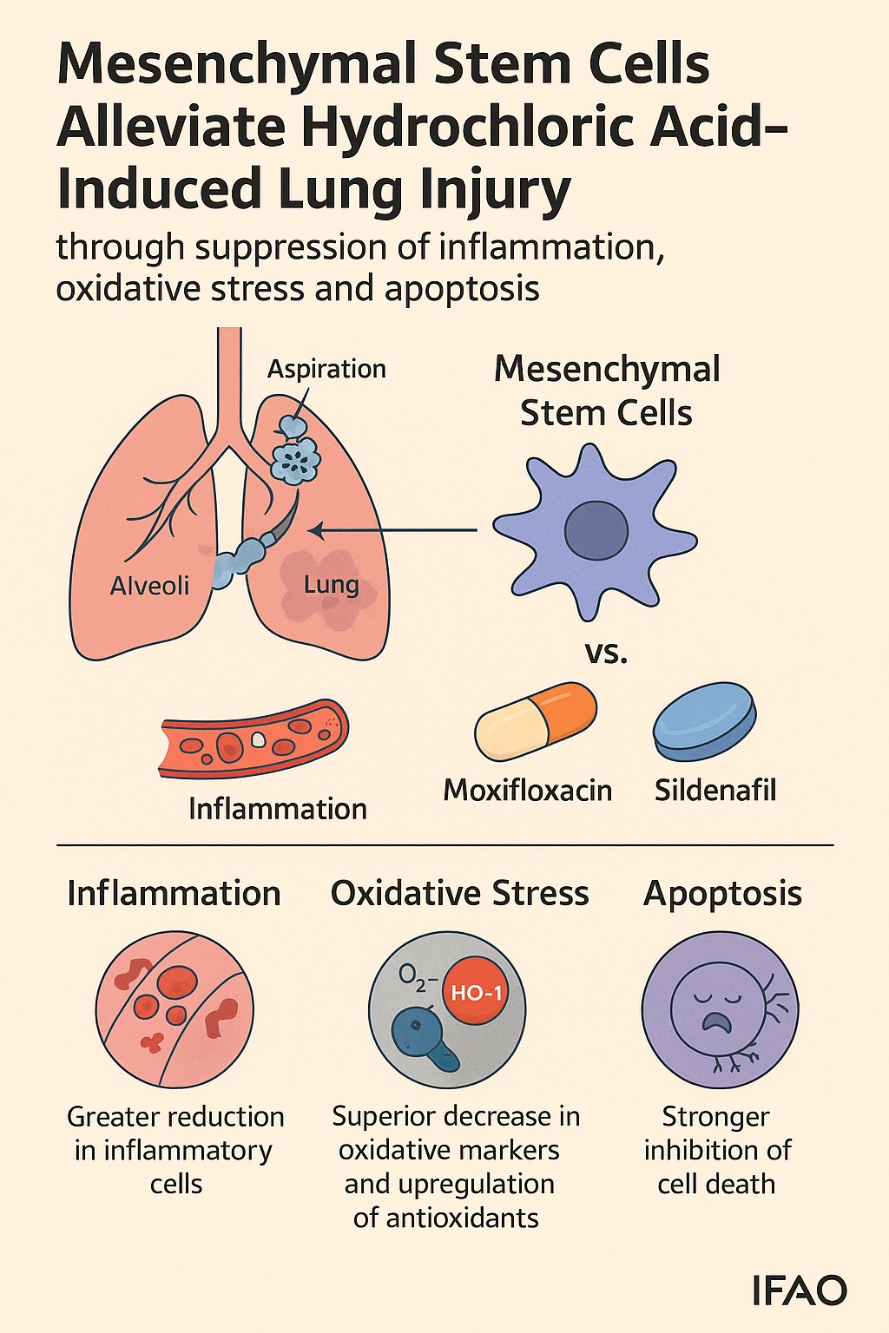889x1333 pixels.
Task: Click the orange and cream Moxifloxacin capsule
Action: coord(536,722)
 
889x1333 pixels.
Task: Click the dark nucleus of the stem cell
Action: coord(596,531)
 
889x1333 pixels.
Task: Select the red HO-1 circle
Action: coord(477,992)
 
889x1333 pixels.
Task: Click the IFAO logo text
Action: coord(799,1290)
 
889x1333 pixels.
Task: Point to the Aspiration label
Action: coord(326,369)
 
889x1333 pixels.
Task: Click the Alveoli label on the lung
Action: coord(149,586)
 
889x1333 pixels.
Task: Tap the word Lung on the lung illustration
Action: coord(331,584)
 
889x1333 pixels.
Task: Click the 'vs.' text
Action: coord(606,652)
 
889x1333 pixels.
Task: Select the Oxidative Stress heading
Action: coord(459,893)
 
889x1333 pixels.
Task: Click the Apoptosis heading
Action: coord(722,893)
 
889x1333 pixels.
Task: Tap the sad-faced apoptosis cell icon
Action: coord(720,1010)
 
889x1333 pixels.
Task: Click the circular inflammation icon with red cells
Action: coord(175,1010)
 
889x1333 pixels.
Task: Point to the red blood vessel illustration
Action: coord(254,738)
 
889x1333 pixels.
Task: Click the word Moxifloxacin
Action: coord(527,790)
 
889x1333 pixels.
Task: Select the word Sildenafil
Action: coord(714,790)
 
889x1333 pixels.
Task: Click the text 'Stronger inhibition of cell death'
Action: coord(717,1150)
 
